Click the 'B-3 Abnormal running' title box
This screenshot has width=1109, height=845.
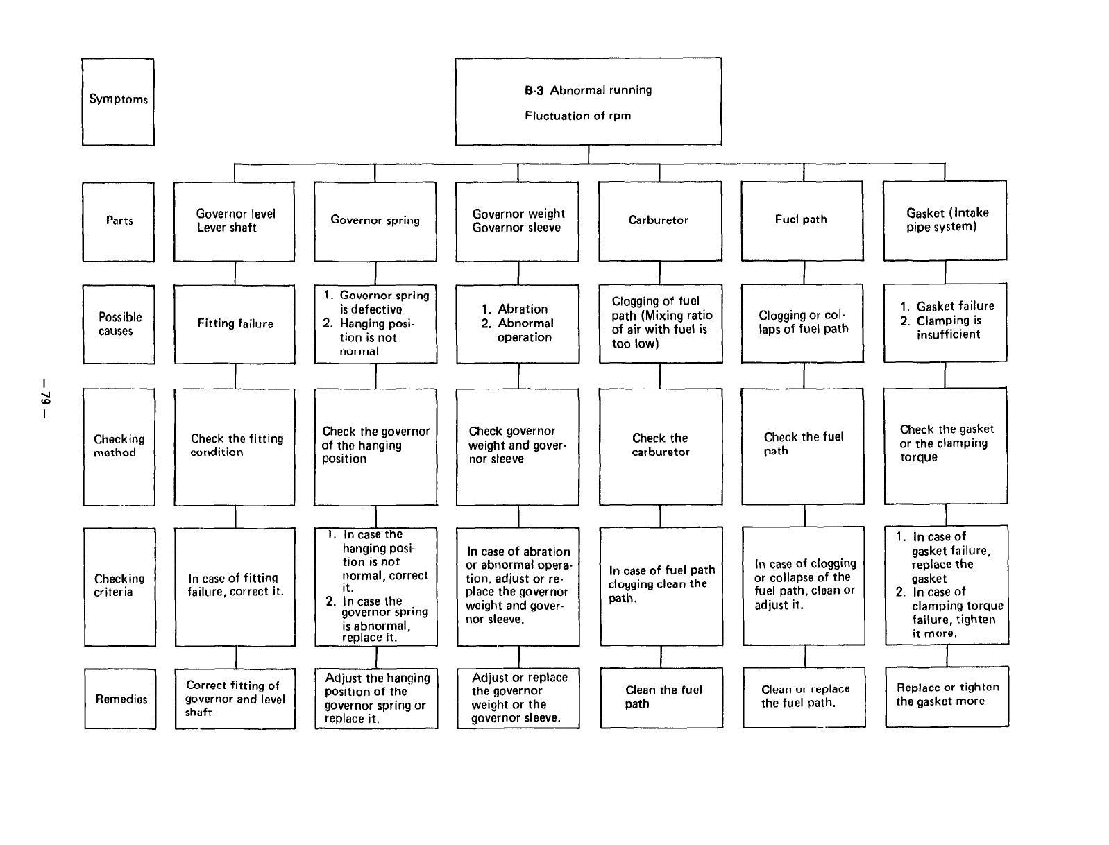[588, 101]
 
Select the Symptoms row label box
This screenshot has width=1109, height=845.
[118, 101]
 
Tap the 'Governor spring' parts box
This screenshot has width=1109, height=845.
[375, 221]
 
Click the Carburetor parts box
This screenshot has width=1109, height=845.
[659, 221]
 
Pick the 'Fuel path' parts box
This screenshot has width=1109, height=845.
[802, 221]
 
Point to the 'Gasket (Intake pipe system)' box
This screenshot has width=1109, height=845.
[945, 221]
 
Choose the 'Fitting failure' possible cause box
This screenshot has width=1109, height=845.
[235, 324]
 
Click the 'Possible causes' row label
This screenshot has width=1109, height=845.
[119, 324]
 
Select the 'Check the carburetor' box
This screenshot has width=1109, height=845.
[660, 446]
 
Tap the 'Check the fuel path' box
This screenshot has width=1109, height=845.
[802, 445]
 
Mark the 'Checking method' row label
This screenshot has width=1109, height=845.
[119, 446]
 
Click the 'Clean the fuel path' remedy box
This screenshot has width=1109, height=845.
[661, 697]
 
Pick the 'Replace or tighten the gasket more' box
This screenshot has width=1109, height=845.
[947, 696]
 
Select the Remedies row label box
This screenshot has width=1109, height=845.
[120, 699]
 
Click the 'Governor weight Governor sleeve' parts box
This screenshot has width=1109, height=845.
[517, 221]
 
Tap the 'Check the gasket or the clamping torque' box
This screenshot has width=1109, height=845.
[945, 445]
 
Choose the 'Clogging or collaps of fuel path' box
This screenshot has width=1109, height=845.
[802, 323]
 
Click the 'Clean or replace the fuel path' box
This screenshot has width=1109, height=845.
[804, 697]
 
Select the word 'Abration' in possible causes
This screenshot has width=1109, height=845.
[523, 309]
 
